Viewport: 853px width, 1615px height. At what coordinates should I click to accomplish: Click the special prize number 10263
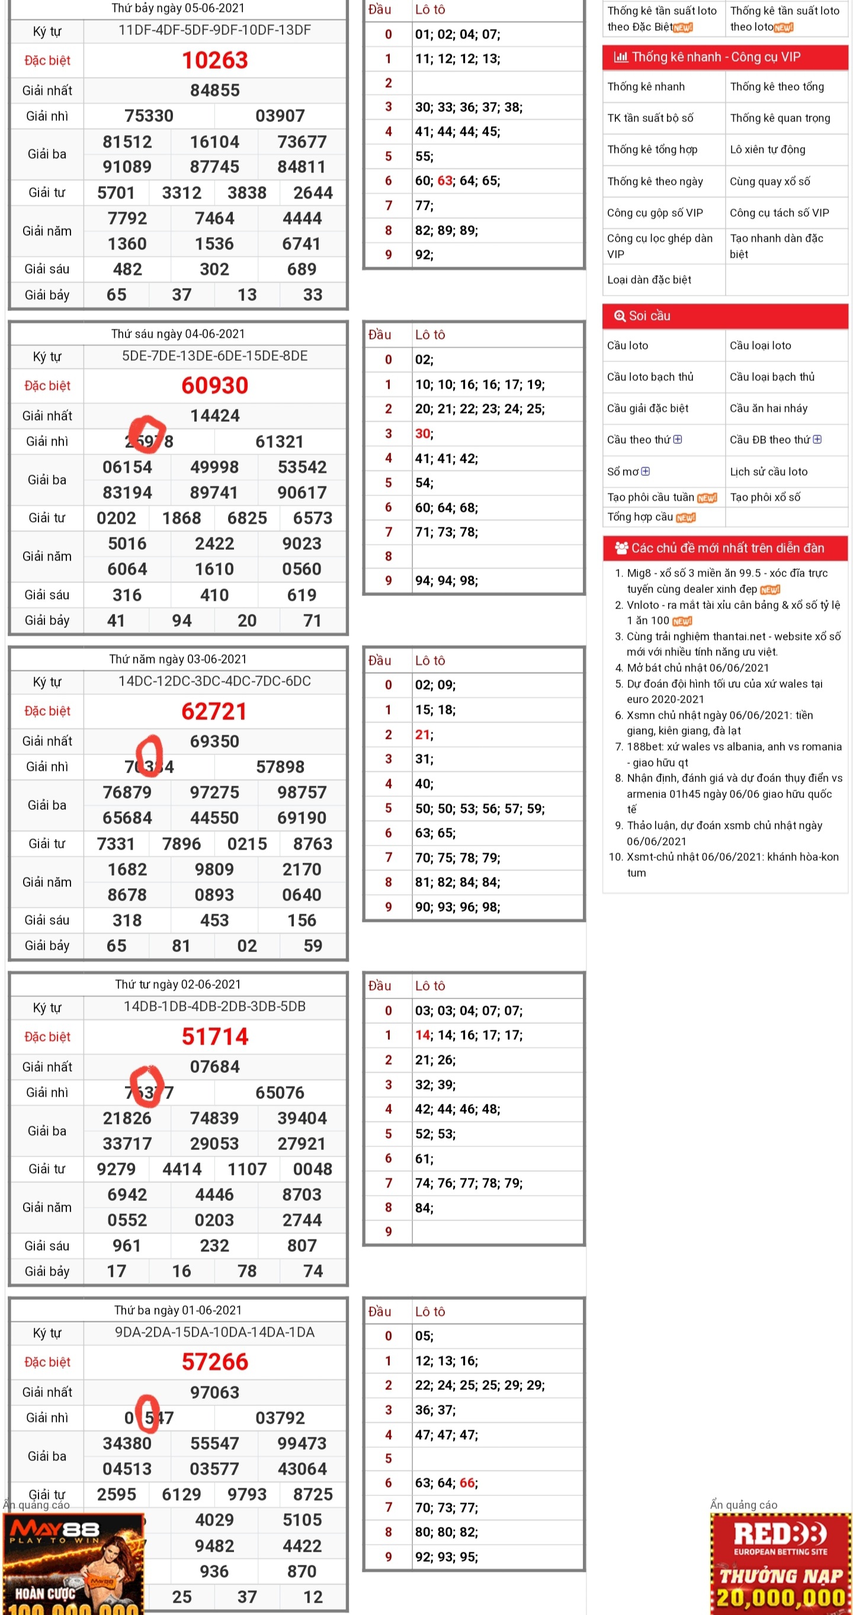[214, 60]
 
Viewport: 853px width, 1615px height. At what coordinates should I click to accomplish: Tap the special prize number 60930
[214, 385]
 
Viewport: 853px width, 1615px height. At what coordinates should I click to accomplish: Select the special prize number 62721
[214, 711]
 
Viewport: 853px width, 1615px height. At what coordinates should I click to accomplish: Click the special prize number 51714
[214, 1036]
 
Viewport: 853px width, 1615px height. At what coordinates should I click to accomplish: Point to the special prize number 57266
[214, 1361]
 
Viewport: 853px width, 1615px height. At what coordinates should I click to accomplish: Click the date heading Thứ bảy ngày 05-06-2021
[178, 8]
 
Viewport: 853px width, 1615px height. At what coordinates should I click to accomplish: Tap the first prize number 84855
[214, 90]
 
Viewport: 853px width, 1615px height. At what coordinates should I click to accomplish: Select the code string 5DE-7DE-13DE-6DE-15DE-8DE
[214, 356]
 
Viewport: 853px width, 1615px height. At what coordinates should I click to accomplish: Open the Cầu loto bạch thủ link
[650, 377]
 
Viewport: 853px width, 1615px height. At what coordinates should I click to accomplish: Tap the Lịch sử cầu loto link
[768, 472]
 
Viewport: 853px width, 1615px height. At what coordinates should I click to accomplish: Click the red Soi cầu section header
[724, 316]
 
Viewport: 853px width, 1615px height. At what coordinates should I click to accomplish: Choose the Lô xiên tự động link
[767, 149]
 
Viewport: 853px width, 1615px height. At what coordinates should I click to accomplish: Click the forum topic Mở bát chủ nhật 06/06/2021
[698, 668]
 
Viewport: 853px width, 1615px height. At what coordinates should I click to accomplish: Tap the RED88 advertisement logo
[780, 1536]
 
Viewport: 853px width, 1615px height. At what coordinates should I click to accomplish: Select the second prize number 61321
[280, 441]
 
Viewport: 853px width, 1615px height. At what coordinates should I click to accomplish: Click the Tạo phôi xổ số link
[765, 497]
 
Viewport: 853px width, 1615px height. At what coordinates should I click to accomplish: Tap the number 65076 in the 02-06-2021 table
[280, 1092]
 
